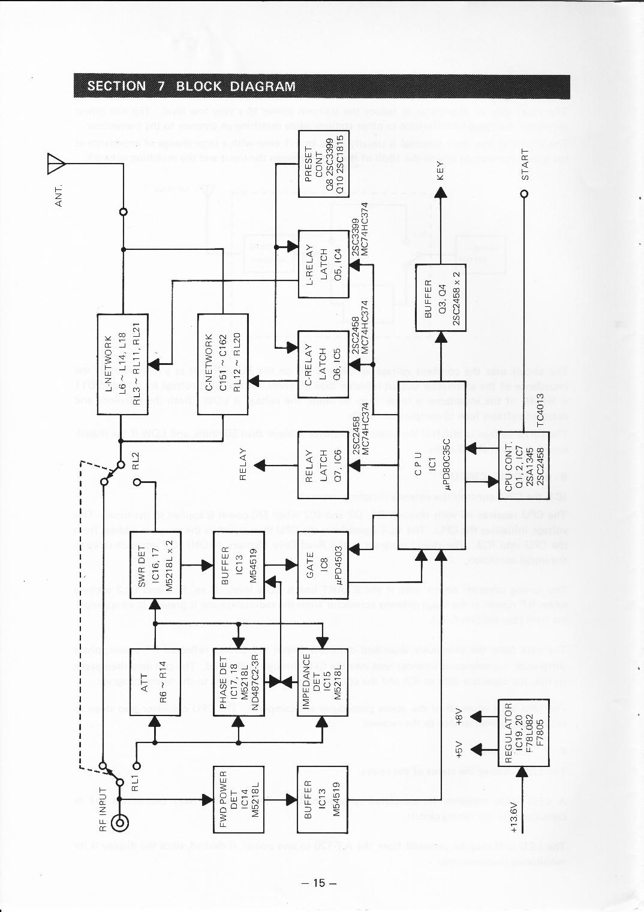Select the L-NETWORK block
coord(122,364)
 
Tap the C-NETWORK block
coord(222,364)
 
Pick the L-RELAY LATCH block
coord(323,264)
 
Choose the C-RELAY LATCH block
coord(323,364)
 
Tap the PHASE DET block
coord(239,682)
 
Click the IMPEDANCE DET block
coord(323,682)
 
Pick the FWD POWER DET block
coord(239,799)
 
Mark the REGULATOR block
coord(523,732)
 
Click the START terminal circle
coord(524,194)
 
